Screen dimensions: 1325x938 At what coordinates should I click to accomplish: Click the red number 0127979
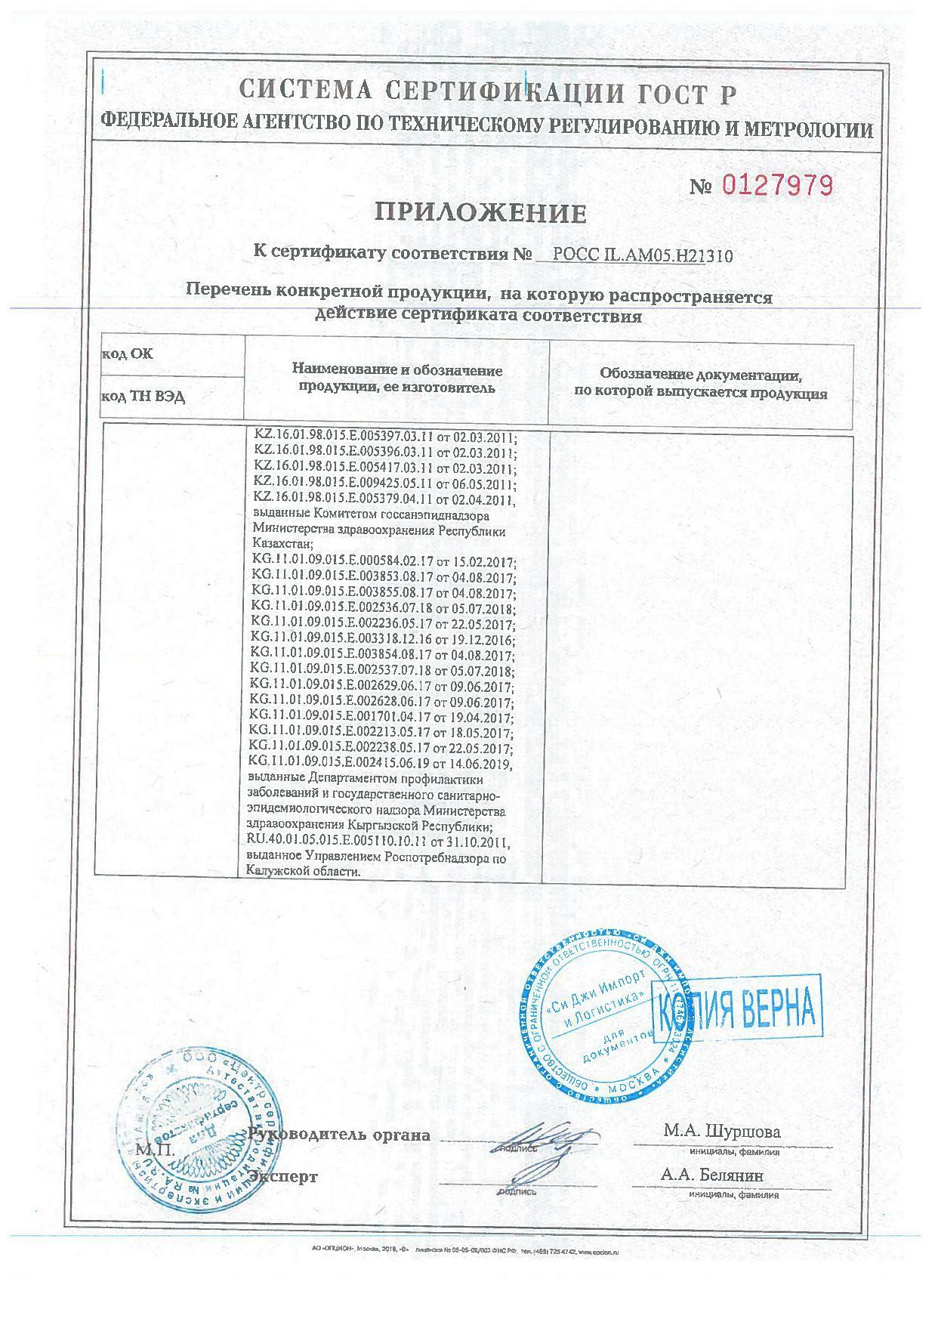click(779, 184)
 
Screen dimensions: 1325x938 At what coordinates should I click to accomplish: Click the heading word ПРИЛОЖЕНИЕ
click(481, 214)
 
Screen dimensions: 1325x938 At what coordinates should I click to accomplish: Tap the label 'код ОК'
click(127, 354)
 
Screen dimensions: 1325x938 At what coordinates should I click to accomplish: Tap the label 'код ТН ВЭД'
click(143, 397)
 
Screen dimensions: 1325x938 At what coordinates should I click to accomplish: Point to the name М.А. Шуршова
click(722, 1132)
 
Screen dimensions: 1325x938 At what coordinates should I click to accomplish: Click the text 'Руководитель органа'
click(340, 1135)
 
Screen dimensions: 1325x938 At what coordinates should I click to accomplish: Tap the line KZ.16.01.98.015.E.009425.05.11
click(384, 484)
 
